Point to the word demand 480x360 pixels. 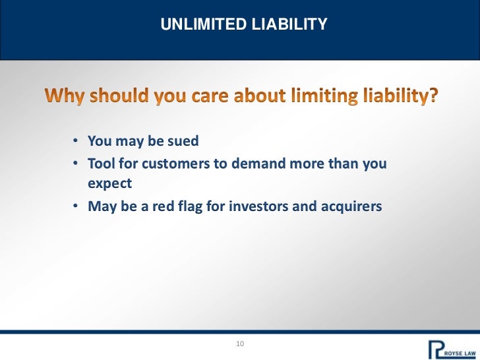(257, 164)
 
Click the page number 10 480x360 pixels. (239, 345)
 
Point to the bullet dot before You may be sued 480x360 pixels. (76, 142)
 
